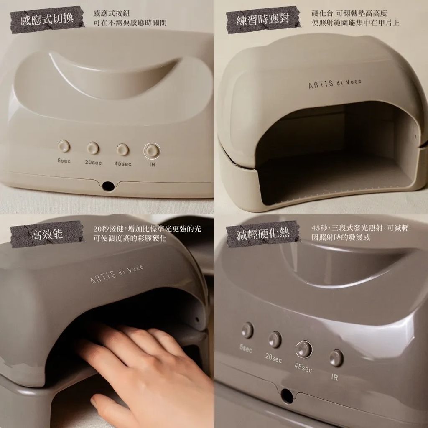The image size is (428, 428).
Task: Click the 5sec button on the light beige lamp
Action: click(64, 146)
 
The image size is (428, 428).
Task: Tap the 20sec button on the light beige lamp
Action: click(93, 148)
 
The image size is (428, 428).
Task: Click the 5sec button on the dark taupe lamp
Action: click(247, 330)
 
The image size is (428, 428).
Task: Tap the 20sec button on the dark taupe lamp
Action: click(275, 339)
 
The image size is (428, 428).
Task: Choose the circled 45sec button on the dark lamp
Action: click(304, 349)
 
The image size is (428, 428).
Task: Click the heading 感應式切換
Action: click(47, 19)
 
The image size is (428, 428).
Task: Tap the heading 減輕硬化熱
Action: click(263, 234)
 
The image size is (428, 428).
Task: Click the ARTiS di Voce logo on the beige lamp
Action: click(334, 84)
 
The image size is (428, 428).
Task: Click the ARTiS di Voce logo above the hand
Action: click(117, 274)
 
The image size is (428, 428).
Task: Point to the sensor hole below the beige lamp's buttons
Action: click(108, 185)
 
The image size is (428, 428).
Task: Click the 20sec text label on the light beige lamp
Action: click(93, 162)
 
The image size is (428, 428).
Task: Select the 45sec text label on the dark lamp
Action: click(303, 368)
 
